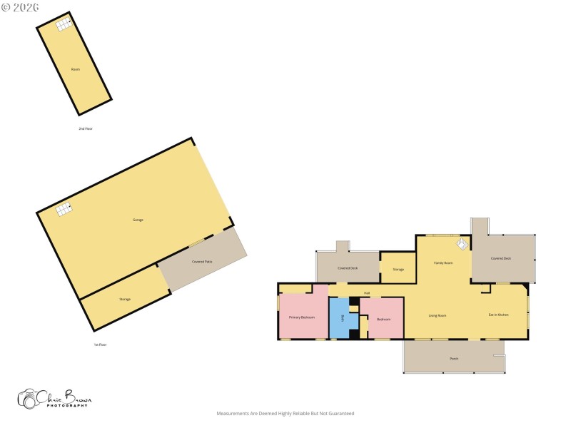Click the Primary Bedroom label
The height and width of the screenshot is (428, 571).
(302, 317)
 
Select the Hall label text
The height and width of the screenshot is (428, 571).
(367, 293)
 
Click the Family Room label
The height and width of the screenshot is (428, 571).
(443, 263)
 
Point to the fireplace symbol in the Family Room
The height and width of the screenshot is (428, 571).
(462, 245)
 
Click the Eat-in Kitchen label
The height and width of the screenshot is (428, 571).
(498, 315)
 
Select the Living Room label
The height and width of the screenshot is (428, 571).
(437, 315)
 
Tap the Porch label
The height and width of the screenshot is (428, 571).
(454, 358)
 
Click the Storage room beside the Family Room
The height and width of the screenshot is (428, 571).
(398, 269)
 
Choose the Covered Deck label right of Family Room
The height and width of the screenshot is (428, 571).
(501, 258)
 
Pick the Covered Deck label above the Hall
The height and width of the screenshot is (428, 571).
(348, 268)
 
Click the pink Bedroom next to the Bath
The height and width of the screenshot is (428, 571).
(383, 319)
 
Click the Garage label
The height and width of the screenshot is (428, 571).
(138, 220)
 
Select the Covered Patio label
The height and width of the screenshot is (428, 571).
(202, 262)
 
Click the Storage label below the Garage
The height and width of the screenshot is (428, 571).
(125, 299)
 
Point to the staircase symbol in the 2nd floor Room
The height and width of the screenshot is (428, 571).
(64, 25)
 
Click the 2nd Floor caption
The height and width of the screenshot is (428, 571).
(86, 128)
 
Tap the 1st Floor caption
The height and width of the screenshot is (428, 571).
(100, 345)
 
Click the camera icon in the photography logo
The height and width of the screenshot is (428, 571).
(29, 399)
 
